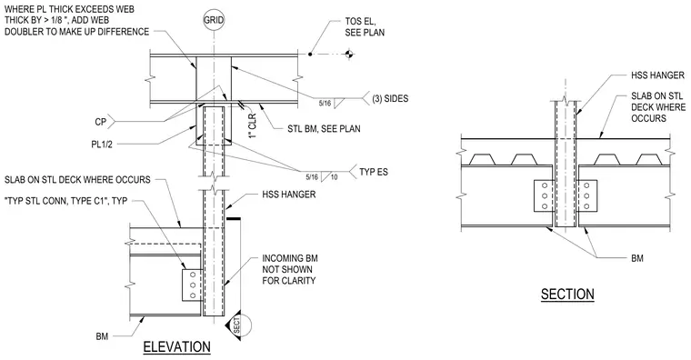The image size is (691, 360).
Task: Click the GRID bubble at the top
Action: click(x=214, y=20)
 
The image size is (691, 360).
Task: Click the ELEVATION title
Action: click(x=176, y=346)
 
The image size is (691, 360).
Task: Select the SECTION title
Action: click(x=567, y=294)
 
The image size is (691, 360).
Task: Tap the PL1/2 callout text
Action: click(x=102, y=144)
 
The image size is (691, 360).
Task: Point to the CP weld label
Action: click(x=101, y=122)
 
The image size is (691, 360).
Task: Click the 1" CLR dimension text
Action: click(x=253, y=126)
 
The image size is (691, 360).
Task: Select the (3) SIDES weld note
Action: click(x=390, y=98)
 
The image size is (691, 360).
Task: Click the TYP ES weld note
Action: click(x=374, y=172)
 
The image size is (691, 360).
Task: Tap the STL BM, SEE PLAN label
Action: click(x=324, y=129)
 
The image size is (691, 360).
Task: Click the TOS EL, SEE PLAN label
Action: click(x=365, y=27)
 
